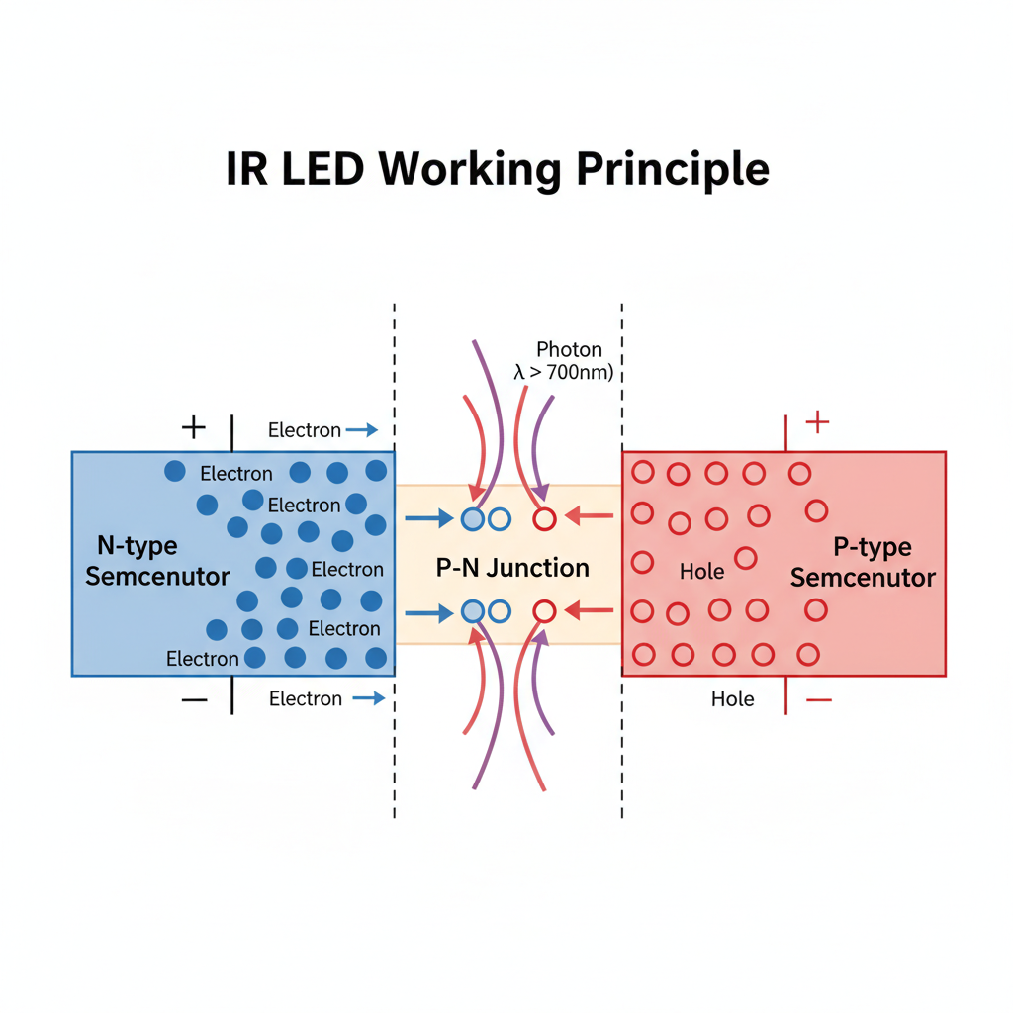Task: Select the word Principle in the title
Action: coord(675,171)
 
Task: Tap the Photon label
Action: coord(569,349)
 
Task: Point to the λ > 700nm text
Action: coord(564,373)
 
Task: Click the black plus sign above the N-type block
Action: coord(194,427)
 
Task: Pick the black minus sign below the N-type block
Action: coord(195,699)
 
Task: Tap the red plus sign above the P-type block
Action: coord(816,423)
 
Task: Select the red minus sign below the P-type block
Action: coord(818,699)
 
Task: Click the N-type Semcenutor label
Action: coord(157,561)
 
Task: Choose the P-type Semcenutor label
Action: coord(863,563)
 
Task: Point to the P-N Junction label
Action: coord(512,568)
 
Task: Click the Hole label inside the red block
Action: coord(702,571)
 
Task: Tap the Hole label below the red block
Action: coord(733,699)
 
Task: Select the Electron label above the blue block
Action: coord(305,430)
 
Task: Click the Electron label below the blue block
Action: coord(306,699)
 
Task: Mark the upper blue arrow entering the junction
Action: coord(428,517)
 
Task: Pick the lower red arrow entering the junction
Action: coord(591,611)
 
